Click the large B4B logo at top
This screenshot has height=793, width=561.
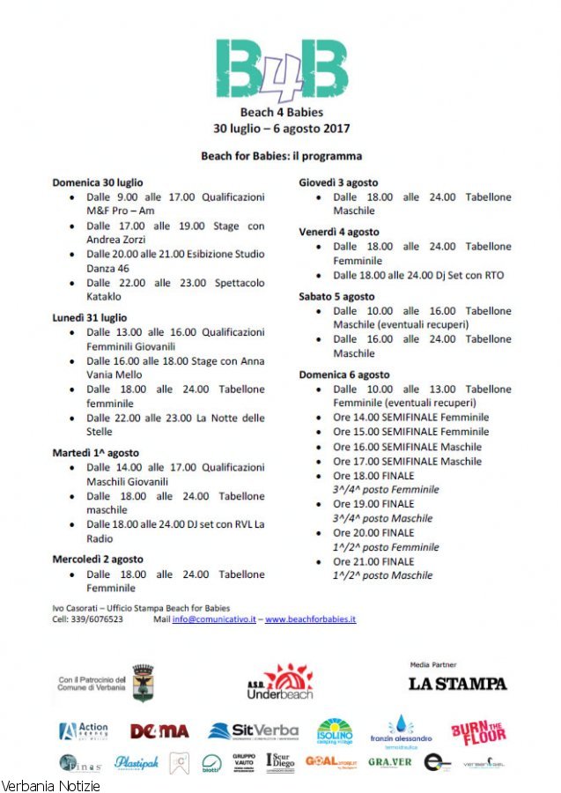click(x=280, y=68)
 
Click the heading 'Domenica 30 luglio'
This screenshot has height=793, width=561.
click(x=98, y=182)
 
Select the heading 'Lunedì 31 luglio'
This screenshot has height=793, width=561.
click(x=90, y=317)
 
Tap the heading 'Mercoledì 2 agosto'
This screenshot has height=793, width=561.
click(x=98, y=559)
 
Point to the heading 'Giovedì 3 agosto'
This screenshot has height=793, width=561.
click(x=337, y=182)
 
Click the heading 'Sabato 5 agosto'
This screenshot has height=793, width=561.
click(x=336, y=296)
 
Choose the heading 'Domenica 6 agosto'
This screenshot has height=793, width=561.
click(x=343, y=374)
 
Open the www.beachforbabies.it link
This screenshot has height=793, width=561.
click(x=310, y=619)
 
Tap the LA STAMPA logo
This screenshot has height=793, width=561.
click(x=458, y=683)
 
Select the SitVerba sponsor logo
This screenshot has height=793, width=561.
click(x=254, y=731)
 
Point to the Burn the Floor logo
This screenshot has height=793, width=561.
click(x=478, y=732)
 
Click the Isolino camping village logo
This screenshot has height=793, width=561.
click(x=335, y=731)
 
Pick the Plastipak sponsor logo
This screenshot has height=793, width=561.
click(x=137, y=763)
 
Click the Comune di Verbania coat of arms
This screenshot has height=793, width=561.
click(x=142, y=683)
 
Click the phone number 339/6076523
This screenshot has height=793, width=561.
click(x=99, y=619)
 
